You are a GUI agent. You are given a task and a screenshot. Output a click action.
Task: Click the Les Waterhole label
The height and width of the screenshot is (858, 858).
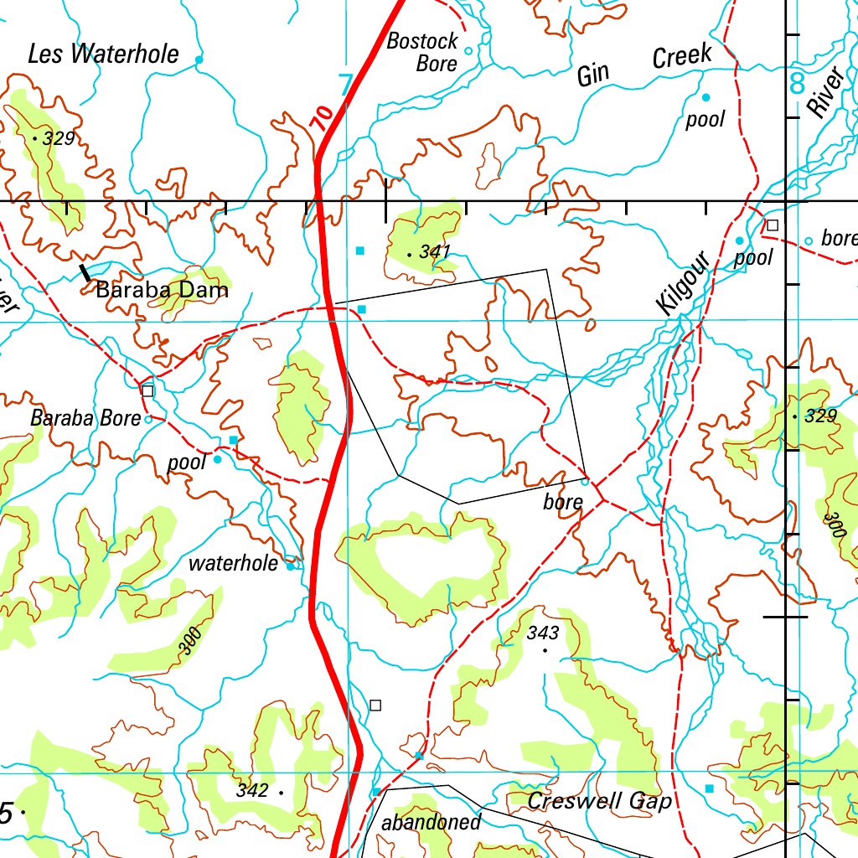coord(103,54)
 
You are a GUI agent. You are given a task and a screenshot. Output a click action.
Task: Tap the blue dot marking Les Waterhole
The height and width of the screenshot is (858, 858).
coord(199,59)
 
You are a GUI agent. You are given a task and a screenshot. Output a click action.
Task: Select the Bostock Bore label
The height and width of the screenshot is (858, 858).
coord(422,52)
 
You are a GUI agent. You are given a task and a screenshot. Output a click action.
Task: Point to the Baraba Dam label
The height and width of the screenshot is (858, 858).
coord(162,291)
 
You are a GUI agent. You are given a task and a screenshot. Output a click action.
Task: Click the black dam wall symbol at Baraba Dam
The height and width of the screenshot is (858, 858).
coord(85,272)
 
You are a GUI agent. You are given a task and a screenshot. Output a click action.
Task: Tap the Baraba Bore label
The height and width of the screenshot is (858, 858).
coord(85,418)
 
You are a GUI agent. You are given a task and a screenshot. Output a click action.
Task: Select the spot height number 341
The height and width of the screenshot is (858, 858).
coord(436,251)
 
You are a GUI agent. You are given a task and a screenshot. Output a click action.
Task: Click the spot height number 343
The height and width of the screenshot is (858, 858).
coord(543,633)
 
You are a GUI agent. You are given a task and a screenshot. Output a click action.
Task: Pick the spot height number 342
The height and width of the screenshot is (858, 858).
coord(251,790)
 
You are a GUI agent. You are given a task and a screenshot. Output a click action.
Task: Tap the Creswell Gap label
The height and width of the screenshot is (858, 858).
coord(599,801)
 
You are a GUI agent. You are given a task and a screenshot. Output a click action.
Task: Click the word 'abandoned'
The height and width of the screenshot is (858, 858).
coord(432,822)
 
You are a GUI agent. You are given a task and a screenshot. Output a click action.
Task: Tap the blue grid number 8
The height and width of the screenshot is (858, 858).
coord(796,83)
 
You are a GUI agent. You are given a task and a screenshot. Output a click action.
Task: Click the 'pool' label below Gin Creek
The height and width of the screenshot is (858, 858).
coord(705,119)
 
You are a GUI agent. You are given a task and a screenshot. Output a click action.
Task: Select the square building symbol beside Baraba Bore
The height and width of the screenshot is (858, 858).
coord(148,390)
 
